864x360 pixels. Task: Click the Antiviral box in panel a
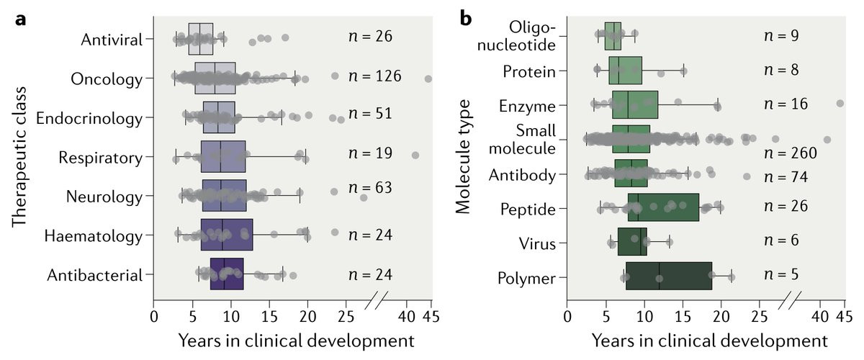tap(200, 39)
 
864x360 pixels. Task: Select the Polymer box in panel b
tap(668, 276)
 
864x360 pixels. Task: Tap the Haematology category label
tap(94, 235)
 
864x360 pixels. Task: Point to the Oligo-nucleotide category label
tap(533, 36)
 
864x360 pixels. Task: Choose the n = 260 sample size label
tap(791, 153)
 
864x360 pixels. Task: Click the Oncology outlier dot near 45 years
tap(428, 79)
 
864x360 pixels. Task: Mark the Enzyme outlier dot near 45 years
tap(840, 104)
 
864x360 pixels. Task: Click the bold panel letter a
tap(22, 19)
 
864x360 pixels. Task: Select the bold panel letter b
tap(467, 19)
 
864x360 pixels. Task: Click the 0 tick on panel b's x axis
tap(567, 315)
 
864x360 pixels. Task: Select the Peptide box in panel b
tap(663, 207)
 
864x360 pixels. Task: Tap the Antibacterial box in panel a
tap(227, 274)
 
